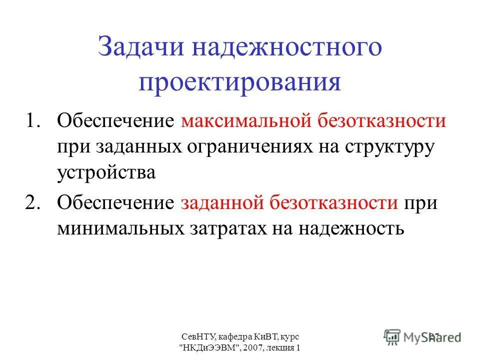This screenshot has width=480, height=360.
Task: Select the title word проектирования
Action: (240, 82)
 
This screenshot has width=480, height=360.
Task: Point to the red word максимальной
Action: (245, 122)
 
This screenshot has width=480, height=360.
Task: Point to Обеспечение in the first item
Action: (115, 122)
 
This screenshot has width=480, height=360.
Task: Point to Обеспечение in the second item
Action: (115, 203)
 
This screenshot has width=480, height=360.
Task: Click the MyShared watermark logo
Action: (422, 336)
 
